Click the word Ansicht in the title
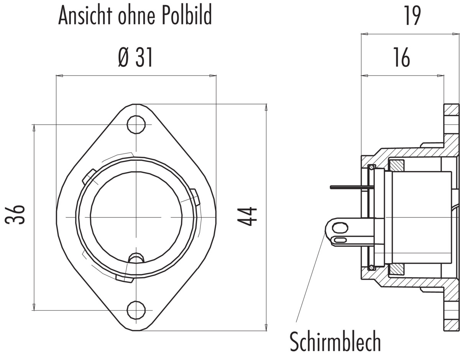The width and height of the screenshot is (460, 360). [x=85, y=15]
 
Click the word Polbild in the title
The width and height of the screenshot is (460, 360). [x=187, y=15]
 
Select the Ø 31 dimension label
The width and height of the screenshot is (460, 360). [x=135, y=58]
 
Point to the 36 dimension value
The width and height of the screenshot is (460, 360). [x=15, y=214]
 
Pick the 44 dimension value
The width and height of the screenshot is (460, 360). [x=247, y=217]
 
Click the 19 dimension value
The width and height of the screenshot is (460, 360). [x=412, y=15]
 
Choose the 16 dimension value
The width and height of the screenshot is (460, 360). [x=402, y=58]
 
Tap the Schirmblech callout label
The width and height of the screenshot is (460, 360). [x=335, y=341]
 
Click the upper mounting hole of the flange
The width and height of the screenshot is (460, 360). [x=136, y=125]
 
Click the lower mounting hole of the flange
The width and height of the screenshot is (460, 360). [x=136, y=310]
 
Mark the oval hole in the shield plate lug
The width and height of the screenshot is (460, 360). [x=340, y=228]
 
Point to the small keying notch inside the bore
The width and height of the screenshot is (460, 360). [x=136, y=258]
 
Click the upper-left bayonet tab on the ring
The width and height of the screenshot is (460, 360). [x=89, y=177]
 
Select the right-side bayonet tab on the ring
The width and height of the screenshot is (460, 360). [x=195, y=197]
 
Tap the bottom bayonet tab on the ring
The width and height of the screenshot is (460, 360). [x=125, y=278]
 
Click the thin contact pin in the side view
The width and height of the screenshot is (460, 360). [x=350, y=187]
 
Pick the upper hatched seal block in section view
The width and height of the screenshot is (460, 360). [x=396, y=166]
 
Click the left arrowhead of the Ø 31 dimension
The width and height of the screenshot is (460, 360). [x=59, y=76]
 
